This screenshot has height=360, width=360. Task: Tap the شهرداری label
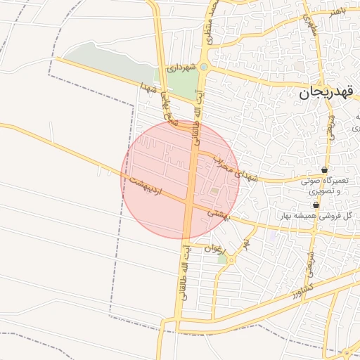pyautogui.click(x=180, y=68)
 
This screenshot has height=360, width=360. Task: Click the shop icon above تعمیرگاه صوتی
pyautogui.click(x=323, y=170)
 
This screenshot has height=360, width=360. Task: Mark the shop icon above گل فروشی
pyautogui.click(x=315, y=205)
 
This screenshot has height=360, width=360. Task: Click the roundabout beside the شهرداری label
pyautogui.click(x=203, y=67)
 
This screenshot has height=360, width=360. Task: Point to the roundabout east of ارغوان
pyautogui.click(x=231, y=260)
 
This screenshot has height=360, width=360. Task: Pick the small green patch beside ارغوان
pyautogui.click(x=222, y=259)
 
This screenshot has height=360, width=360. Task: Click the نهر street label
pyautogui.click(x=246, y=245)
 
